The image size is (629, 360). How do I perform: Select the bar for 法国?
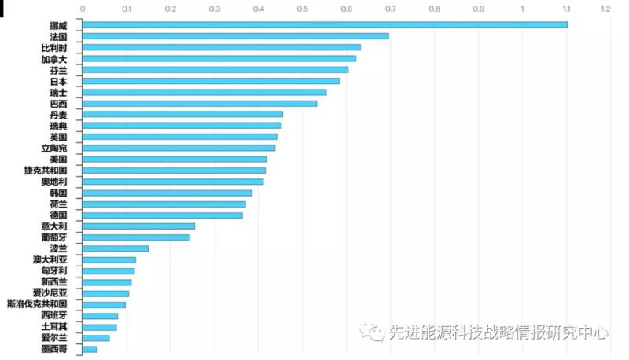(x=236, y=36)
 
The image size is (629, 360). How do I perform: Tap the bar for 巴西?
(x=200, y=103)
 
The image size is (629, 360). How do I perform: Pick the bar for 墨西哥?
(x=90, y=349)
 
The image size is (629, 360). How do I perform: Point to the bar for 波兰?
(x=116, y=248)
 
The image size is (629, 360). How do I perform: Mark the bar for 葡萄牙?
(x=136, y=237)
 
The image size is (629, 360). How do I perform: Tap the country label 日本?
(x=59, y=81)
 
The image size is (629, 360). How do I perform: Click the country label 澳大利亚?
(x=50, y=259)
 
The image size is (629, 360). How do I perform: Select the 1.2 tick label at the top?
(x=605, y=9)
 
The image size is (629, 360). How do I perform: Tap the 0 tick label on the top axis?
(x=83, y=9)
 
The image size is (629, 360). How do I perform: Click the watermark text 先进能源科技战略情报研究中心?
(x=498, y=333)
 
